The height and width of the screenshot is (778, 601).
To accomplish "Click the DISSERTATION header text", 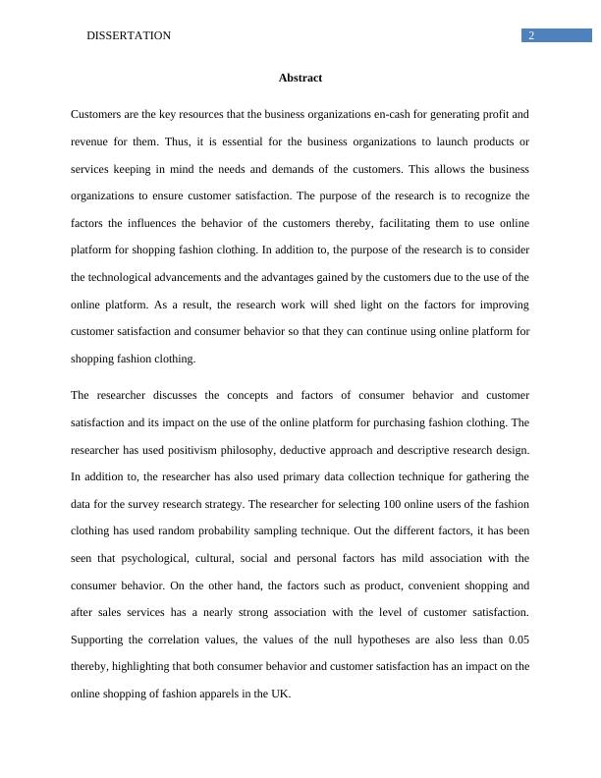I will [x=129, y=35].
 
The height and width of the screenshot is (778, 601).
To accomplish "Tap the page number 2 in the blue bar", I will [x=531, y=35].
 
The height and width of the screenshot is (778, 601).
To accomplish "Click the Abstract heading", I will [x=300, y=78].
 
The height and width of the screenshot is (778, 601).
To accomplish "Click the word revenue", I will [x=90, y=141].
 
